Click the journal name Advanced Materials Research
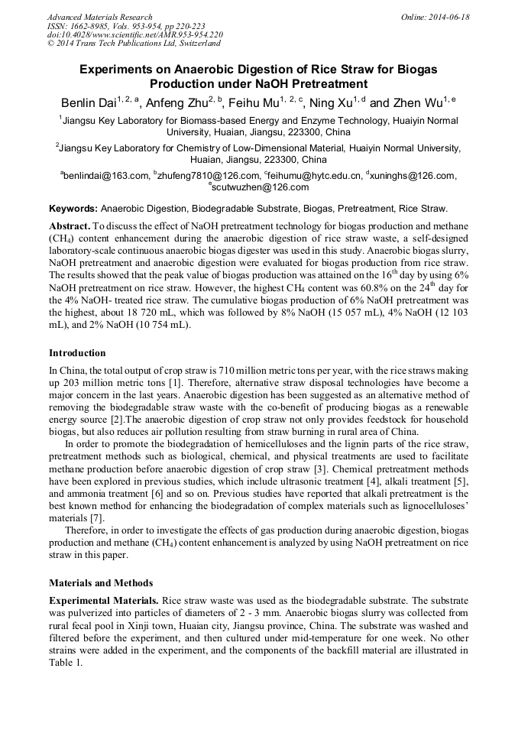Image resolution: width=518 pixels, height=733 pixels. coord(99,17)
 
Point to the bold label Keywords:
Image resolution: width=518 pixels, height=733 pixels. coord(73,208)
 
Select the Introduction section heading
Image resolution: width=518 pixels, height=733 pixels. coord(77,353)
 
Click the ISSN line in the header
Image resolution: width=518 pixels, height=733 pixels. coord(125,25)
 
